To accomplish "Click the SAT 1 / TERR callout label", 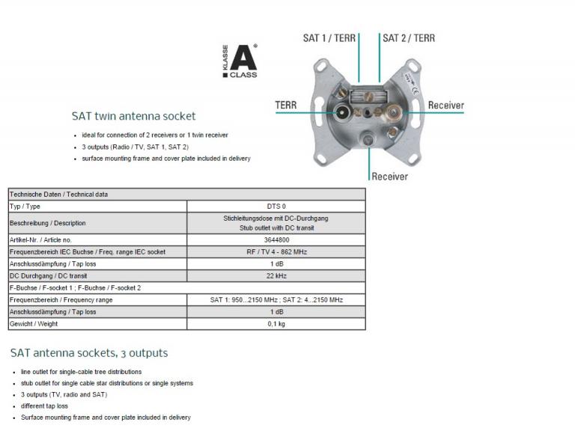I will (x=329, y=37).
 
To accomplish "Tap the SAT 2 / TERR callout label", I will (x=409, y=37).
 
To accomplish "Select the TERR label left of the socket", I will (x=286, y=106).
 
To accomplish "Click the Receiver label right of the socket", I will (x=445, y=106).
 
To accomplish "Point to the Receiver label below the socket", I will (x=389, y=177).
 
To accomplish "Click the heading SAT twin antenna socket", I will (x=133, y=116).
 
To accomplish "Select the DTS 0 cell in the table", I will (x=276, y=207).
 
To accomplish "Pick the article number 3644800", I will (x=276, y=239).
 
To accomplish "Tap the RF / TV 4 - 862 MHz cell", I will (x=276, y=252).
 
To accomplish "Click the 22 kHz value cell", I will (x=276, y=276).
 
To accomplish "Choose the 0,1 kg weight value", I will (x=276, y=324).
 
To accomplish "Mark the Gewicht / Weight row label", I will (x=33, y=324).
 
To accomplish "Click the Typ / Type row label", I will (x=25, y=207).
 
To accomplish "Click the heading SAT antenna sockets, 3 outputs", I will (x=89, y=352).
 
